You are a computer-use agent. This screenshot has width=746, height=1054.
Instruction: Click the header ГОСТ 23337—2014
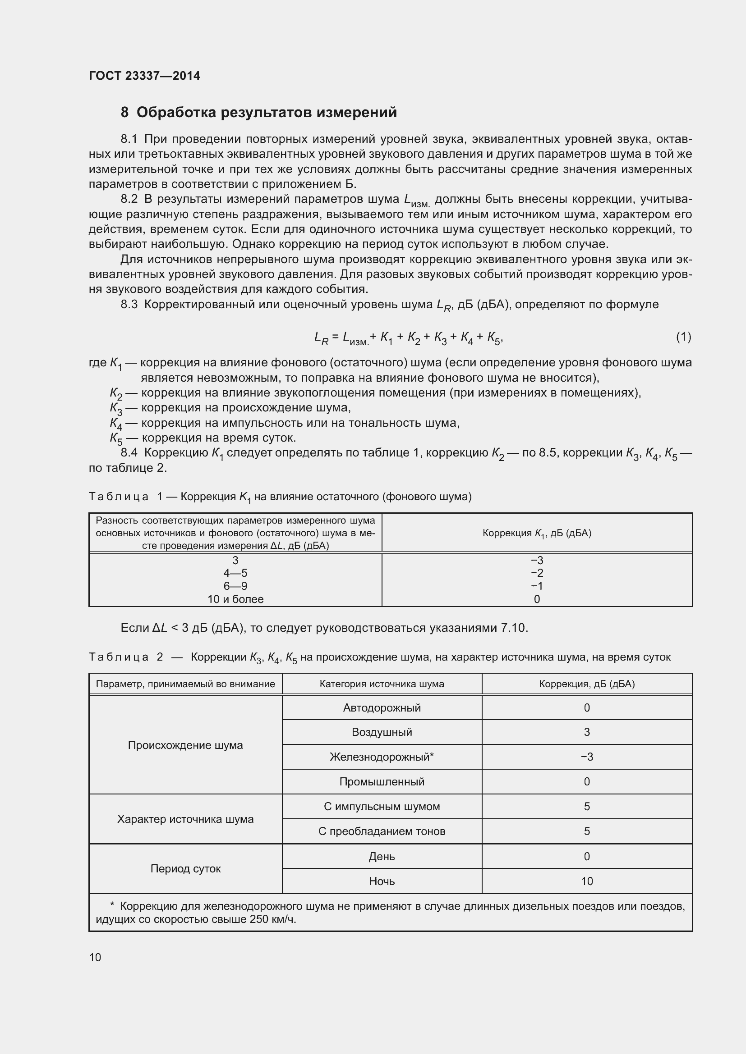144,76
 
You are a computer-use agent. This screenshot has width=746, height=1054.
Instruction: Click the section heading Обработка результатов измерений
267,113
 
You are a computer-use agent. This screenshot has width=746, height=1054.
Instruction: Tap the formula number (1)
683,337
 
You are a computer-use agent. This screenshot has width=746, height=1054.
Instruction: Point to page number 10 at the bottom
95,957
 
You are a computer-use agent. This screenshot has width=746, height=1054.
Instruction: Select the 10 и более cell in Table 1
235,599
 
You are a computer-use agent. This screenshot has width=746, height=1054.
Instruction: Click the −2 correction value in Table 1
537,573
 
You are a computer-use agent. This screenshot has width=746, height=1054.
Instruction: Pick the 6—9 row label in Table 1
235,586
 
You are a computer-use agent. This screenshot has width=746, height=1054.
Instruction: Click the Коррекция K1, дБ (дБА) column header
537,533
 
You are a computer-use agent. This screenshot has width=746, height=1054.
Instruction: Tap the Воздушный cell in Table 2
382,732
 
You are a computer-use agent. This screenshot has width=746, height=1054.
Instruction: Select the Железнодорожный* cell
382,757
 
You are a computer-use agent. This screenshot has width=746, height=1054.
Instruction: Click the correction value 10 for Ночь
587,881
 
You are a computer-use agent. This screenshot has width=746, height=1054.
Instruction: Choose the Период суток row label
185,868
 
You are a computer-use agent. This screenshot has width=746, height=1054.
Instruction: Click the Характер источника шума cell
185,819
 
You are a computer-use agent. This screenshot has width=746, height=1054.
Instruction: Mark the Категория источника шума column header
382,684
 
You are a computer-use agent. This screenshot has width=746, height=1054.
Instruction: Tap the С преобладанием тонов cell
382,831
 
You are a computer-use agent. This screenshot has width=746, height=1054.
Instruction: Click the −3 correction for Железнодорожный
587,757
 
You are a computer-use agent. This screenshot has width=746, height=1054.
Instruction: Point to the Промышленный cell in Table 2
382,782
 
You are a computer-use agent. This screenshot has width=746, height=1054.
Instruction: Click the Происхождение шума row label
185,745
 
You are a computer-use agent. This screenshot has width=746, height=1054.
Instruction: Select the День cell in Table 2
382,857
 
